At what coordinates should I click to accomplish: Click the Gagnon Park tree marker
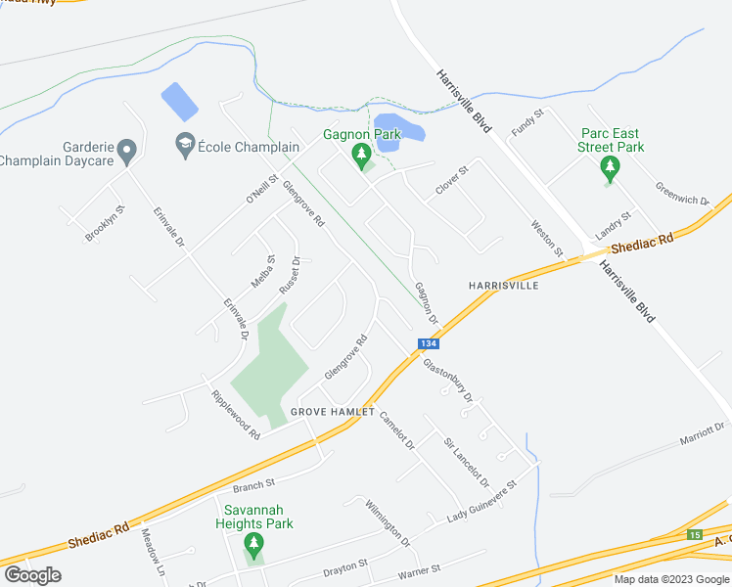tap(361, 155)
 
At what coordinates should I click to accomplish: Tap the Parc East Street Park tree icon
tap(611, 168)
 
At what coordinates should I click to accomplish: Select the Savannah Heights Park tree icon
tap(253, 544)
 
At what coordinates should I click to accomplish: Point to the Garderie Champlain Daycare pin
tap(125, 152)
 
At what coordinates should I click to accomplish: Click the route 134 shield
tap(428, 344)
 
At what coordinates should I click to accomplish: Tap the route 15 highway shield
tap(694, 534)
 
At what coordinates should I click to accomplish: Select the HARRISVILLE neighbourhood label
tap(504, 286)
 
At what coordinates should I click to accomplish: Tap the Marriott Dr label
tap(704, 433)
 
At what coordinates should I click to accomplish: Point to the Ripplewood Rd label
tap(235, 414)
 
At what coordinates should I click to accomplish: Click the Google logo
tap(32, 575)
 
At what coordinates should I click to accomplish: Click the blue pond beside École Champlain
tap(178, 101)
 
